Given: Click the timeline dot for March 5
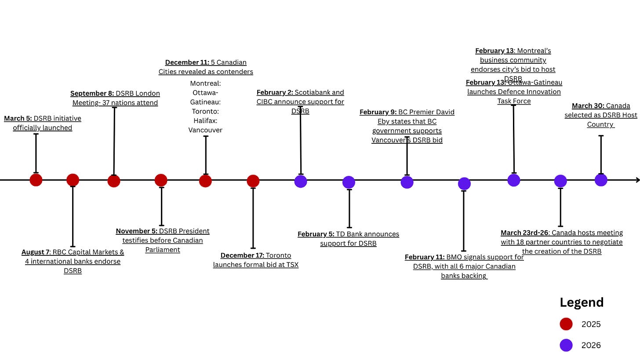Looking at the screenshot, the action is pyautogui.click(x=36, y=180).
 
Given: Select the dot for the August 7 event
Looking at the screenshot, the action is pyautogui.click(x=73, y=180).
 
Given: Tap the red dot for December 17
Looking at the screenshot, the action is pyautogui.click(x=253, y=181).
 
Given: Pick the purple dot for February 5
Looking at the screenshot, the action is pyautogui.click(x=349, y=182).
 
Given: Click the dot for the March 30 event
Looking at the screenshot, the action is pyautogui.click(x=601, y=180).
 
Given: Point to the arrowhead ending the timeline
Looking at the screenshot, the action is pyautogui.click(x=637, y=180).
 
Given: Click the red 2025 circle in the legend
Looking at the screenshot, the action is pyautogui.click(x=566, y=324).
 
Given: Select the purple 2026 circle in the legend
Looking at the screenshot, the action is pyautogui.click(x=566, y=345).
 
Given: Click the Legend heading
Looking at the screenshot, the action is pyautogui.click(x=582, y=302).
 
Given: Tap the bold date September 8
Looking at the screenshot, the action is pyautogui.click(x=92, y=94).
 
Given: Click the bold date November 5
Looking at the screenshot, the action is pyautogui.click(x=137, y=231).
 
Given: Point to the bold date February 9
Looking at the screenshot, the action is pyautogui.click(x=378, y=112).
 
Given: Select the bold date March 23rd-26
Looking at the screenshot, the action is pyautogui.click(x=524, y=233).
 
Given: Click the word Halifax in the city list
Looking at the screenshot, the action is pyautogui.click(x=205, y=120).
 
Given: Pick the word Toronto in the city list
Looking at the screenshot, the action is pyautogui.click(x=205, y=111).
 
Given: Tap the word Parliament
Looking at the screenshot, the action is pyautogui.click(x=163, y=250).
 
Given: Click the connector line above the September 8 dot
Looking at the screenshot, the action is pyautogui.click(x=114, y=141).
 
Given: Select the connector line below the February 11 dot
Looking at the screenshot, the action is pyautogui.click(x=464, y=221).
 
